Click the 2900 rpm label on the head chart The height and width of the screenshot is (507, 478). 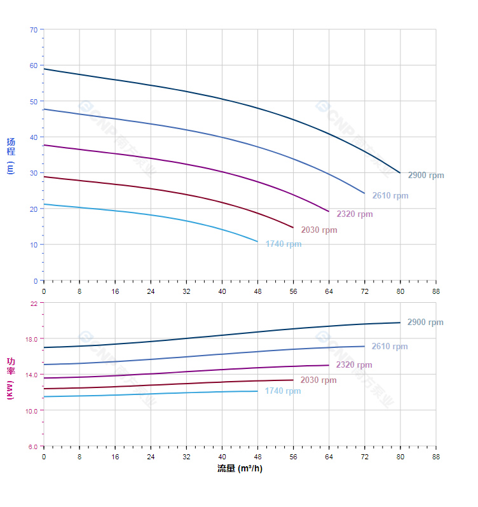click(426, 176)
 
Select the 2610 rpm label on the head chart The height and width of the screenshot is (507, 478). click(390, 196)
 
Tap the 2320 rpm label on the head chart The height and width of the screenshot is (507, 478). click(355, 214)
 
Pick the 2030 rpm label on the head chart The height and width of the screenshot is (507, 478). click(319, 230)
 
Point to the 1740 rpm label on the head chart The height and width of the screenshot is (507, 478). click(283, 244)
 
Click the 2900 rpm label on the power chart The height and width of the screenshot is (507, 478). click(425, 323)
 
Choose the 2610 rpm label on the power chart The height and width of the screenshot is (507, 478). click(390, 347)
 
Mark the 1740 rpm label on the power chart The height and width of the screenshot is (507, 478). click(283, 391)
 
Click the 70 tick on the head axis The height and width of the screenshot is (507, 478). click(34, 29)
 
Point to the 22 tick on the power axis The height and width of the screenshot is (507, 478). click(34, 303)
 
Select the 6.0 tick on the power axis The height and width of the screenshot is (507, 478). click(32, 447)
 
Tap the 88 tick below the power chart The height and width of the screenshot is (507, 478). click(436, 457)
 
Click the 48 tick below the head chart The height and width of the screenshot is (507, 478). click(258, 291)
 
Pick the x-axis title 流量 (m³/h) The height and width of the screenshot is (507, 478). click(240, 469)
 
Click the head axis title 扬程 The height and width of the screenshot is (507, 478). click(11, 147)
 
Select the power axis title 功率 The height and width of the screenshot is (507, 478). click(11, 366)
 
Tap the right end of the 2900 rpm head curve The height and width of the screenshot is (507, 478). click(400, 173)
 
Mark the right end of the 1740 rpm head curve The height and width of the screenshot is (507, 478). click(258, 242)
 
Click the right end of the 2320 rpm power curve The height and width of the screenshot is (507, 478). click(329, 365)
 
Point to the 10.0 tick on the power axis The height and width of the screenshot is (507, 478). click(32, 410)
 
